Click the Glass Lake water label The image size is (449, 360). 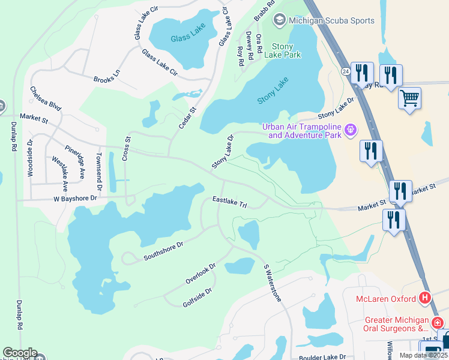point(187,33)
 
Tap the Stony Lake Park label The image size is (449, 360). point(286,50)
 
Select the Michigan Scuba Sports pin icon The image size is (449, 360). point(279,20)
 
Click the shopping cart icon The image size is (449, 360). point(409,98)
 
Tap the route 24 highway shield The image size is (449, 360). point(347,71)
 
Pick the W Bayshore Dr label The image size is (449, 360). point(75,198)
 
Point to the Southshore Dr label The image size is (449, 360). point(163,251)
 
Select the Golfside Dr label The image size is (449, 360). point(197,298)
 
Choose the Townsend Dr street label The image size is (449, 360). point(99,170)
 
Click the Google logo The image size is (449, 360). point(19,353)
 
